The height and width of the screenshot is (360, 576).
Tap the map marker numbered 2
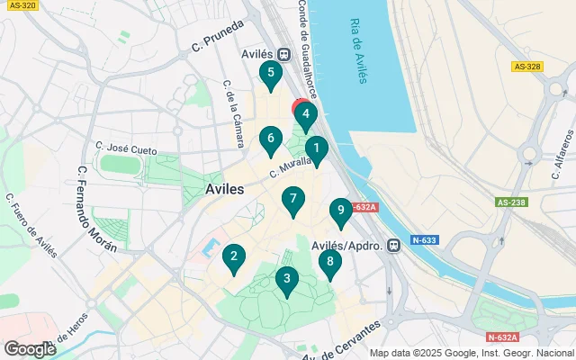234,259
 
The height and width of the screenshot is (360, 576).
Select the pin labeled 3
286,280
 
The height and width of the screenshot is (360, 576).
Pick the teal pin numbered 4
307,115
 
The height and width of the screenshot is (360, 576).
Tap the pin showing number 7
292,201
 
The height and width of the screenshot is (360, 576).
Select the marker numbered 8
330,264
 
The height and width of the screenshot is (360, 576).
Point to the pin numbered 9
340,211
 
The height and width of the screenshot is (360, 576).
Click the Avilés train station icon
284,54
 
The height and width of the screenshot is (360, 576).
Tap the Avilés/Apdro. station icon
393,245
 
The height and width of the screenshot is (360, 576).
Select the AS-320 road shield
22,4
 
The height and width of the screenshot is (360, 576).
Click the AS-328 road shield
526,66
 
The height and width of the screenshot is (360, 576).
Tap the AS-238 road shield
510,202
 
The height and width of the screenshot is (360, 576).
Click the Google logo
30,348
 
